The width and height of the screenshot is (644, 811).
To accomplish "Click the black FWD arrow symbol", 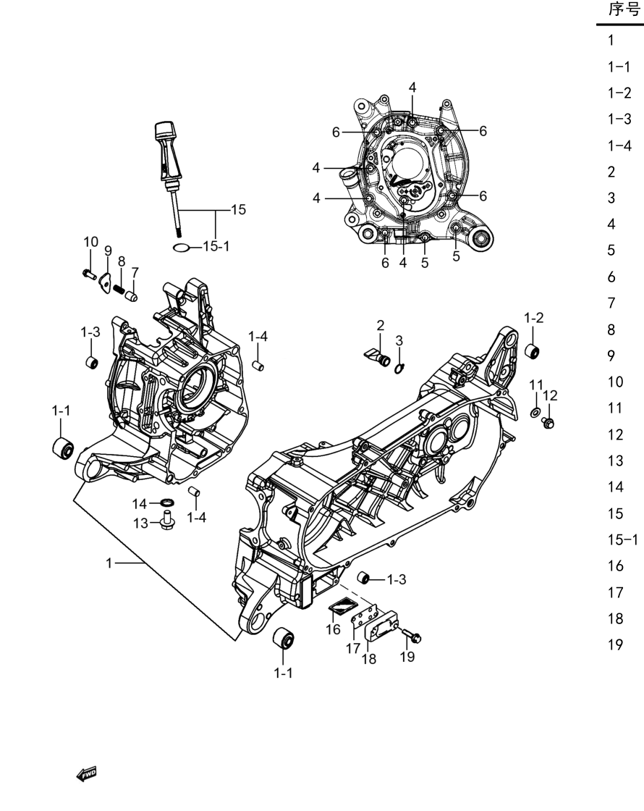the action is [86, 774].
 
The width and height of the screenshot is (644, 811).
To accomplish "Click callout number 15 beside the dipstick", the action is [238, 209].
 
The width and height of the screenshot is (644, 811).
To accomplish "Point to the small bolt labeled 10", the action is [90, 274].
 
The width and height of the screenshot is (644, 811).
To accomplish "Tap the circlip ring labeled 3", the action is [399, 369].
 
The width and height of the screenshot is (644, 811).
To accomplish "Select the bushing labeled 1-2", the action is [532, 351].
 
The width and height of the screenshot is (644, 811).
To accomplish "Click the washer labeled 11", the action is [536, 412].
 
